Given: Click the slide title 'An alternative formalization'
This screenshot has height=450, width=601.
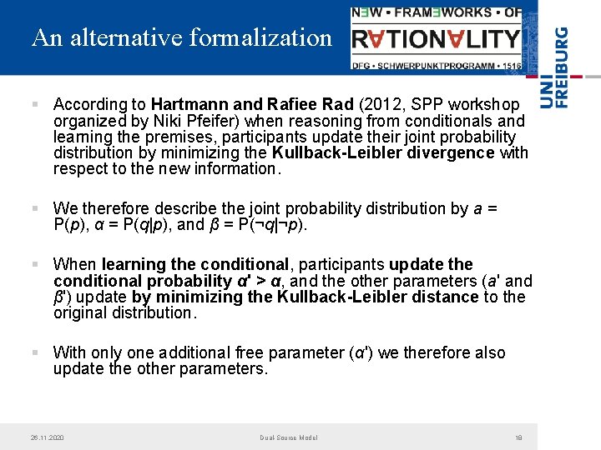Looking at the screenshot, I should pyautogui.click(x=182, y=38).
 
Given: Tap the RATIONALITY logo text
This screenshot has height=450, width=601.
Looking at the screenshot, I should pyautogui.click(x=436, y=38).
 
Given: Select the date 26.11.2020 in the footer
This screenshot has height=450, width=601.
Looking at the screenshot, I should pyautogui.click(x=48, y=437).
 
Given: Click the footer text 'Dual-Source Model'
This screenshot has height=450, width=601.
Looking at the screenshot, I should pyautogui.click(x=289, y=437).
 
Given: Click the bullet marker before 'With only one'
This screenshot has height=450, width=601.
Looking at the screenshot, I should pyautogui.click(x=34, y=353).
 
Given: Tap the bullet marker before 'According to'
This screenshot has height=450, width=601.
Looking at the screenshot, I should pyautogui.click(x=34, y=105).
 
